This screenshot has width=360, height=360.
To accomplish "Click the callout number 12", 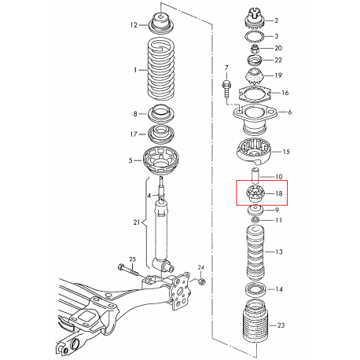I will point(134,25).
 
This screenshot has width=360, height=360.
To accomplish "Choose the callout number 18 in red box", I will point(280,192).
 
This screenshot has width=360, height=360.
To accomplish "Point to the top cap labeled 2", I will point(255,19).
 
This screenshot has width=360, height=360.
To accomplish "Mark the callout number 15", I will point(286,151).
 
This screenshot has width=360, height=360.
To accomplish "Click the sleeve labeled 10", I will point(254,177).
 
